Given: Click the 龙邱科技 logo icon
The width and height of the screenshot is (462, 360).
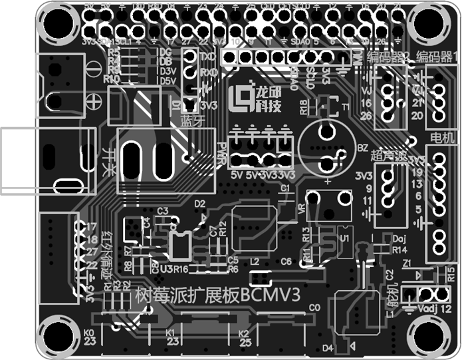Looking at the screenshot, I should click(238, 99).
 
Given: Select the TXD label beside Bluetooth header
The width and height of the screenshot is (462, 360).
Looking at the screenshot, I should click(207, 57).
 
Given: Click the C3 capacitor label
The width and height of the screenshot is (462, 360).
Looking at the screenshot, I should click(163, 210).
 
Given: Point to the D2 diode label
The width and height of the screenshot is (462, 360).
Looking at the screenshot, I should click(200, 203).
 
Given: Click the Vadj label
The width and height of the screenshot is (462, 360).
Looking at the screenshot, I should click(426, 309).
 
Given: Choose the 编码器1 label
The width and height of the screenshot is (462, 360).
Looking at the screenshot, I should click(437, 55).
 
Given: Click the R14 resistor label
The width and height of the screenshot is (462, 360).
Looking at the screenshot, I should click(399, 250).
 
